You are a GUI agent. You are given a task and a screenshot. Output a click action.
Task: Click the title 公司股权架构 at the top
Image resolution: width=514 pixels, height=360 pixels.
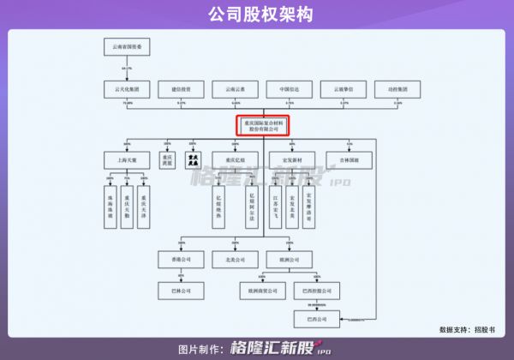(x=257, y=14)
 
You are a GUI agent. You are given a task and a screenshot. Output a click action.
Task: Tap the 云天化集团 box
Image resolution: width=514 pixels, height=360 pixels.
(x=128, y=88)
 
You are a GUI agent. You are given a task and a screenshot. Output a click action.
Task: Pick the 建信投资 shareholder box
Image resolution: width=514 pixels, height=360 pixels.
(x=181, y=88)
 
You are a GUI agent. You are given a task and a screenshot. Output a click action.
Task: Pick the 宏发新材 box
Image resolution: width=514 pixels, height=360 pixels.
(x=292, y=159)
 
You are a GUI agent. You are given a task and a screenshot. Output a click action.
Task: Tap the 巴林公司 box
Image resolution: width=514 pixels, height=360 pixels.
(x=181, y=291)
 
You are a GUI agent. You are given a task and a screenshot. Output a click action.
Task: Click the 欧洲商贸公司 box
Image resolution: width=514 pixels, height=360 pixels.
(x=260, y=291)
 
